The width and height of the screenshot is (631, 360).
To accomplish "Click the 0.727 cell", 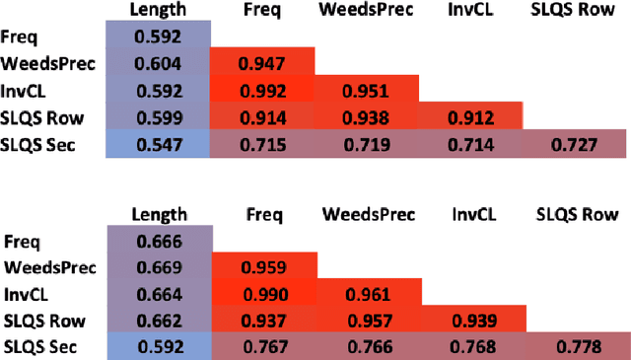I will tap(576, 145).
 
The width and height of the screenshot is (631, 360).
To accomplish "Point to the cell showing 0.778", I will tap(576, 346).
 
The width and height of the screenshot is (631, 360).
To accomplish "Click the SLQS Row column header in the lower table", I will tap(576, 213).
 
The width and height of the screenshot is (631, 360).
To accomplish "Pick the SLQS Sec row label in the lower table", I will tap(39, 346).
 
